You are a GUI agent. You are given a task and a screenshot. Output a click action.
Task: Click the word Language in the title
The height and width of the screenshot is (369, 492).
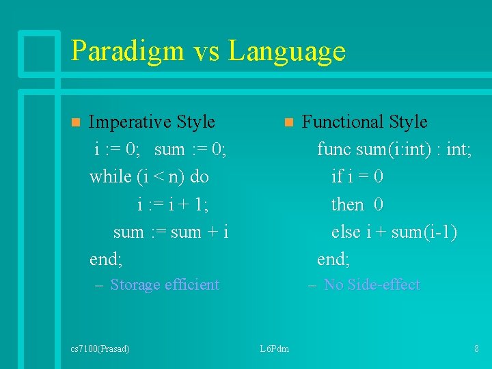pos(287,51)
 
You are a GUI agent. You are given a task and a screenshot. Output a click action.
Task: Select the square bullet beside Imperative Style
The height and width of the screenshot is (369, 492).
pos(75,123)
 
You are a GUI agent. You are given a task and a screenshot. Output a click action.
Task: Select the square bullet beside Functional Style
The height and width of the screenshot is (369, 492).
pos(288,123)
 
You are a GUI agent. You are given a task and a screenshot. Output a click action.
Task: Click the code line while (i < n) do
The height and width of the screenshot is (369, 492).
pos(149,177)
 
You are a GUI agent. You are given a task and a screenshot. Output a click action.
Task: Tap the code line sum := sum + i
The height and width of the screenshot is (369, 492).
pos(170,232)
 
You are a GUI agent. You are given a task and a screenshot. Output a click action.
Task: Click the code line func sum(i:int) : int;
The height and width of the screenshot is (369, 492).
pos(394,150)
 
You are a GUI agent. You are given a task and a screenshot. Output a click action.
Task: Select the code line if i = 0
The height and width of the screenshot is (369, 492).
pos(357,177)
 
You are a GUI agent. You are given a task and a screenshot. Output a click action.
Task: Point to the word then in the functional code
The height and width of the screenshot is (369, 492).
pos(347,205)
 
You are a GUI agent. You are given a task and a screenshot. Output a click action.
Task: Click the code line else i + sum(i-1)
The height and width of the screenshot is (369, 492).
pos(394,232)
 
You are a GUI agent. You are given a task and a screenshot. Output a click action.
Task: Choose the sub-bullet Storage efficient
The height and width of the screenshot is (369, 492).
pos(165,285)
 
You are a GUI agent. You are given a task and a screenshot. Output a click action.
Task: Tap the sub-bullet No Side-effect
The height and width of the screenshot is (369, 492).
pos(372,285)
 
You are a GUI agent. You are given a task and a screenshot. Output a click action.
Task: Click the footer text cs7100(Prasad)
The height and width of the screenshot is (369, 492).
pos(100,349)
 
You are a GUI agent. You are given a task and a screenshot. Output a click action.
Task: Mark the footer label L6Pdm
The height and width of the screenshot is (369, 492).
pos(275,349)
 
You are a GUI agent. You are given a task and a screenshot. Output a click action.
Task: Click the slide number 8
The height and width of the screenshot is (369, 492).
pos(476,349)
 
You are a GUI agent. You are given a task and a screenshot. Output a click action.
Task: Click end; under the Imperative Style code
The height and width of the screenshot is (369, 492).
pos(106,260)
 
